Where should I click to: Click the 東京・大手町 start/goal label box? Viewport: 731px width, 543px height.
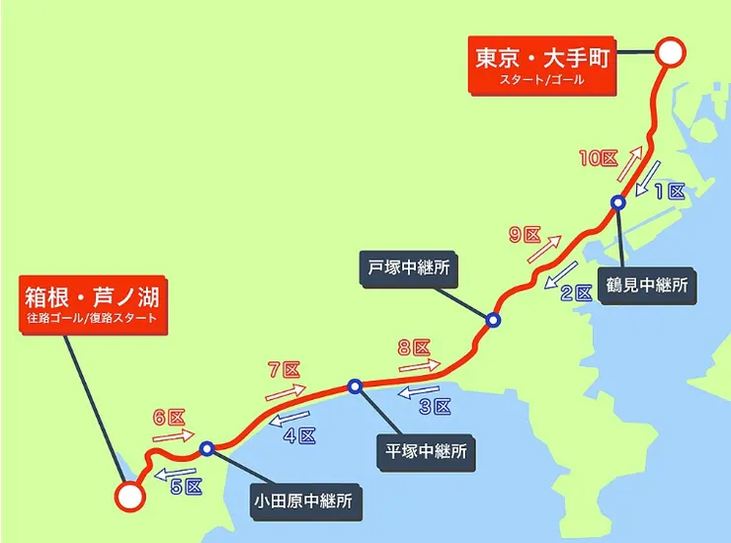(x=539, y=67)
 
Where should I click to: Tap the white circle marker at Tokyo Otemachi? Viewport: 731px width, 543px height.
(x=671, y=53)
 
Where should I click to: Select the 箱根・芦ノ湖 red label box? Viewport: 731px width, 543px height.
(x=93, y=303)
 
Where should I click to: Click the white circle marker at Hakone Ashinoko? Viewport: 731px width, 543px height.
(x=127, y=497)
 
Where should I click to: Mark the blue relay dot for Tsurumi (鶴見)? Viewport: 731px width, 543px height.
(x=617, y=203)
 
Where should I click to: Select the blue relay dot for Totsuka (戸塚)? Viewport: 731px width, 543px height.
(x=492, y=320)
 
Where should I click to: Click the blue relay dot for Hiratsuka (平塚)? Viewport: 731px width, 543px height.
(x=355, y=386)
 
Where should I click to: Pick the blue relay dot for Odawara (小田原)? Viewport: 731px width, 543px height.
(x=207, y=449)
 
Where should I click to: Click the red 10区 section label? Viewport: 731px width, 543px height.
(x=598, y=159)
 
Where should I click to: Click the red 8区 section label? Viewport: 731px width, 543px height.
(x=414, y=347)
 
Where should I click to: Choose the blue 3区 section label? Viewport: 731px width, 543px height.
(x=435, y=406)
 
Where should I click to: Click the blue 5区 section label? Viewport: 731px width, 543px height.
(x=185, y=486)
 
